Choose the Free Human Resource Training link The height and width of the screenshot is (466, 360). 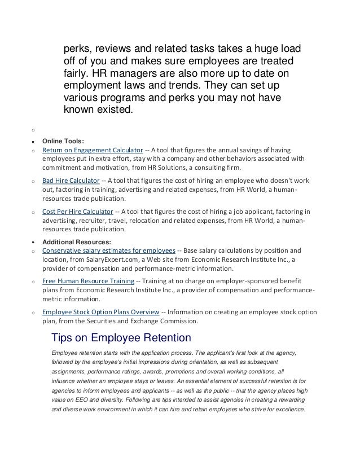click(x=88, y=280)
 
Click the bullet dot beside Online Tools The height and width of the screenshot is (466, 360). click(x=34, y=143)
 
